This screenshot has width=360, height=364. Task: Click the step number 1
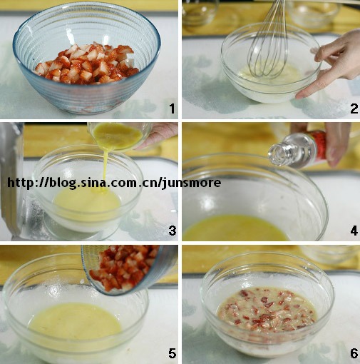pyautogui.click(x=173, y=108)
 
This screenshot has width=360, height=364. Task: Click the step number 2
pyautogui.click(x=354, y=108)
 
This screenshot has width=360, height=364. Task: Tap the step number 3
pyautogui.click(x=173, y=231)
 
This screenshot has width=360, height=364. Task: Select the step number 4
pyautogui.click(x=354, y=231)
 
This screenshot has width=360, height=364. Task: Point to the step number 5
pyautogui.click(x=173, y=353)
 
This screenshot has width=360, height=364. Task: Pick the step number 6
pyautogui.click(x=354, y=353)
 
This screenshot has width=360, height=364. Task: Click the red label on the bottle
pyautogui.click(x=317, y=145)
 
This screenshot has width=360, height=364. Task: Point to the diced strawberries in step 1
pyautogui.click(x=87, y=64)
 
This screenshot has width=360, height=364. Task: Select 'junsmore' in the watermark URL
pyautogui.click(x=191, y=183)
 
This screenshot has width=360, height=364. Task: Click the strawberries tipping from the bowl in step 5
pyautogui.click(x=123, y=268)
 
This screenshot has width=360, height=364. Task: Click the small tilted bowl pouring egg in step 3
pyautogui.click(x=119, y=136)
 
